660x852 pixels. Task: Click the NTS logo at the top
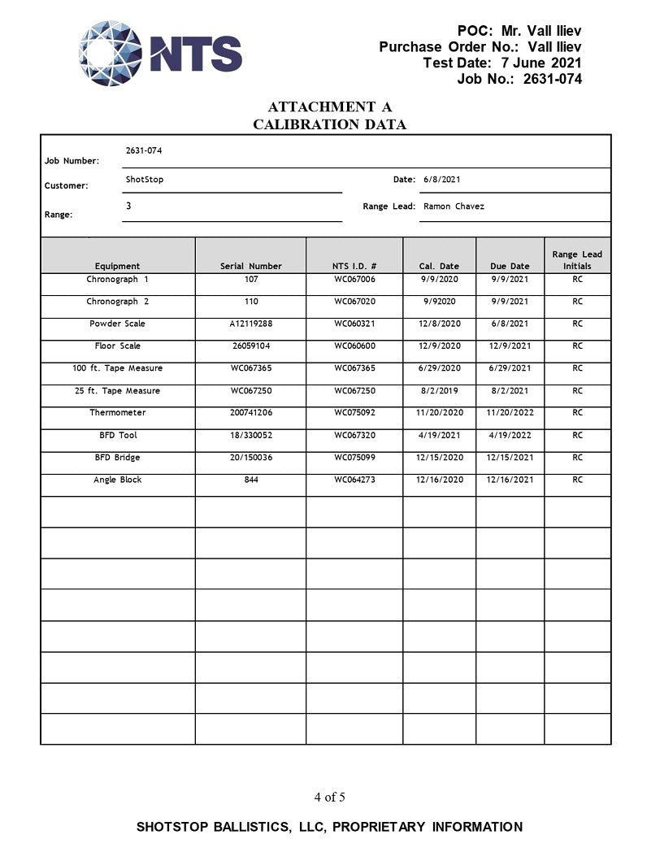point(160,53)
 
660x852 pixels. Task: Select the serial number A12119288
point(251,324)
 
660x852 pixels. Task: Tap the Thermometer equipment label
point(118,413)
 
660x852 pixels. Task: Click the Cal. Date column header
point(439,266)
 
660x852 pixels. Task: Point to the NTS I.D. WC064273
point(355,480)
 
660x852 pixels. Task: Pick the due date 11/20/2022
point(510,413)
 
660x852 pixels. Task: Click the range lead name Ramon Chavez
point(454,206)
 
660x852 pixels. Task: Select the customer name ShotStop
point(145,179)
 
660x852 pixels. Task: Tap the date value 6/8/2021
point(442,179)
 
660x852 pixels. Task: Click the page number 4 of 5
point(330,797)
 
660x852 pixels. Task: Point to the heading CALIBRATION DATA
point(329,124)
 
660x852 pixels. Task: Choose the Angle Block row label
point(118,480)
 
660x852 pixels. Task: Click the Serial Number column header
point(251,266)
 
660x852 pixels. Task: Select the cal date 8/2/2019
point(439,391)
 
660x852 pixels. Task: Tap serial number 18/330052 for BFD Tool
point(251,435)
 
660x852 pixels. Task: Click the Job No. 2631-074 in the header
point(552,79)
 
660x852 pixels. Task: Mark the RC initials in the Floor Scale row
point(577,346)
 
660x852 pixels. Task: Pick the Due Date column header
point(510,266)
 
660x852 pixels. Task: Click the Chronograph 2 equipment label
point(118,302)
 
